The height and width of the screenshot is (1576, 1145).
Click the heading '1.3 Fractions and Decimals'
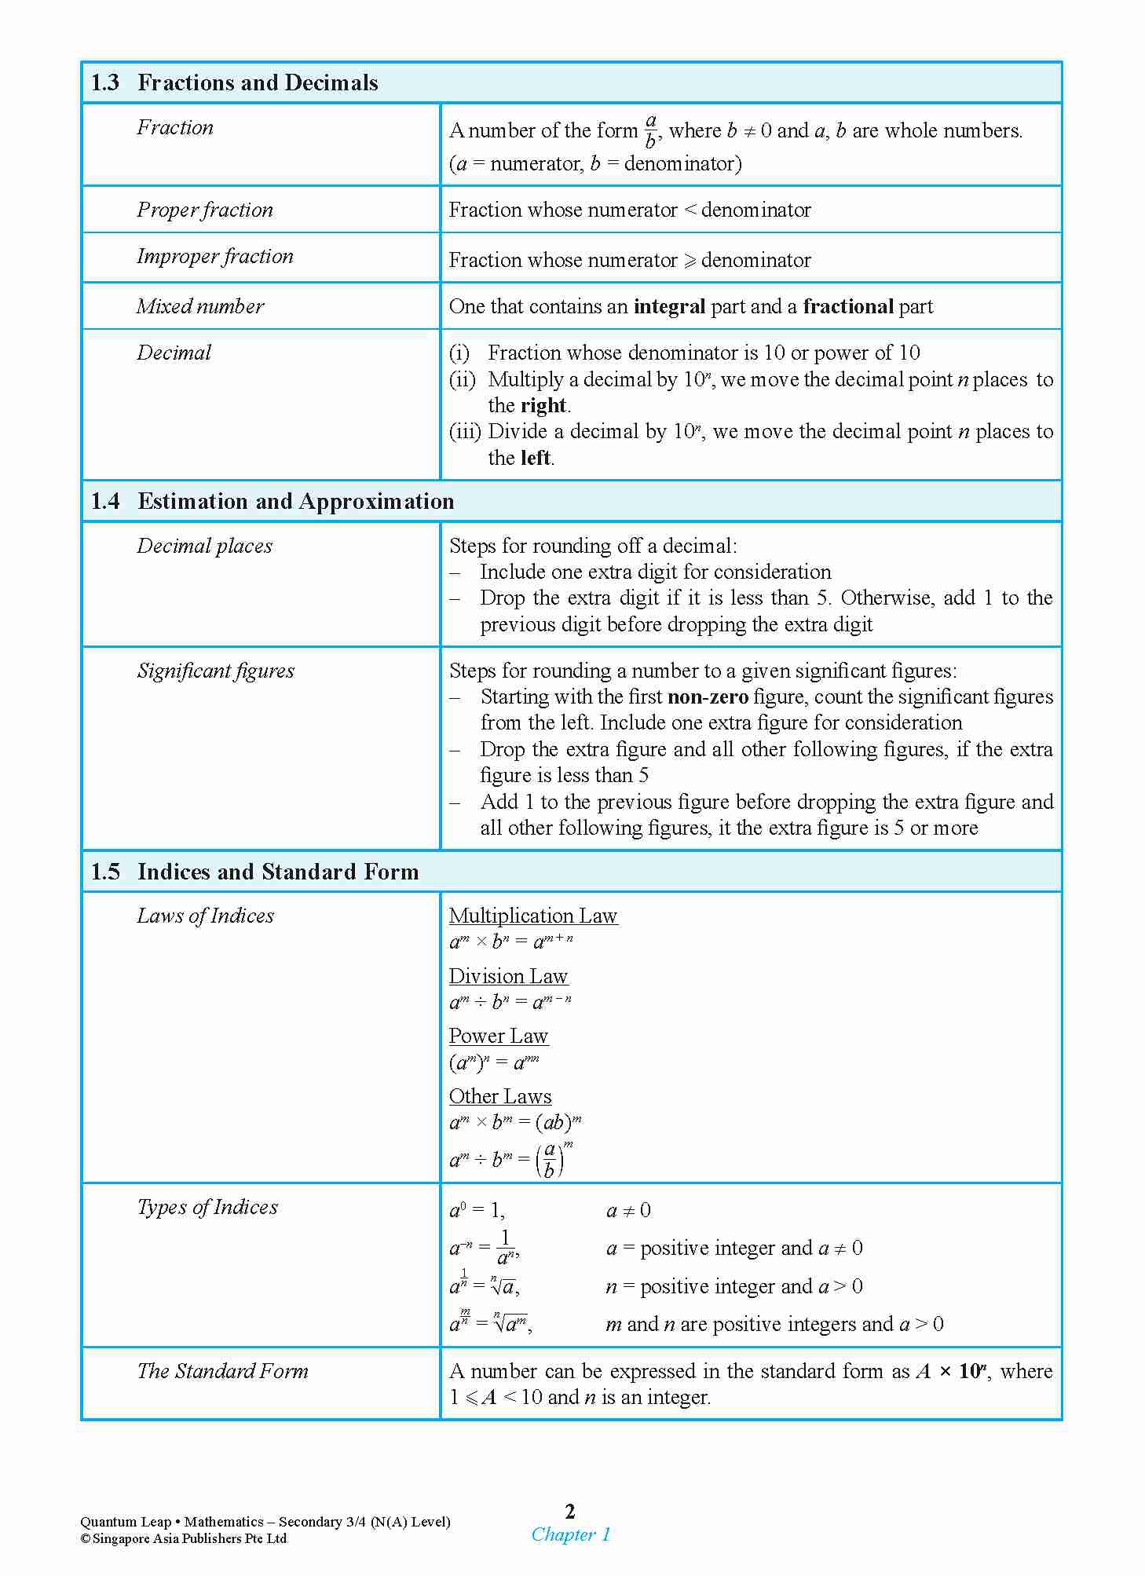234,83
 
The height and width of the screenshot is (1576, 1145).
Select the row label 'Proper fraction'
205,210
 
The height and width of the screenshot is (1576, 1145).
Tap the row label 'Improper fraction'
214,256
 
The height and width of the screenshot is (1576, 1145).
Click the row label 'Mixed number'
200,306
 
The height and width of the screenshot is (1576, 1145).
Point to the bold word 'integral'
669,306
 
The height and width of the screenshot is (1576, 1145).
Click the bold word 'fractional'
848,306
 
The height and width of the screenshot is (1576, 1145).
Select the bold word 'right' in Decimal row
543,406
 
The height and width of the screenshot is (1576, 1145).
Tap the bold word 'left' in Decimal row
536,458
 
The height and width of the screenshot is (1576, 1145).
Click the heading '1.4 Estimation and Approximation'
272,502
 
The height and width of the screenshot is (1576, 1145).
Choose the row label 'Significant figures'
216,671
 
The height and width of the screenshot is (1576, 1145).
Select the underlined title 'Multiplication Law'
533,916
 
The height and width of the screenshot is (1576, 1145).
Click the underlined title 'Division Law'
508,976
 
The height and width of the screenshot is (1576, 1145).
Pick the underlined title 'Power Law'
498,1036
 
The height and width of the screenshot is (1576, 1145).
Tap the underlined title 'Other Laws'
500,1096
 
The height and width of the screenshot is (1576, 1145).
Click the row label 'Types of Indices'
207,1207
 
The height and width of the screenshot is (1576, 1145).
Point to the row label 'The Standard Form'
222,1371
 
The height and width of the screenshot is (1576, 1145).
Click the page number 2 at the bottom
570,1511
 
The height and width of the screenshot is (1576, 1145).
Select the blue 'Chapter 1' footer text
571,1534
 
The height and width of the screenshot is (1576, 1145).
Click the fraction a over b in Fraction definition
650,131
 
